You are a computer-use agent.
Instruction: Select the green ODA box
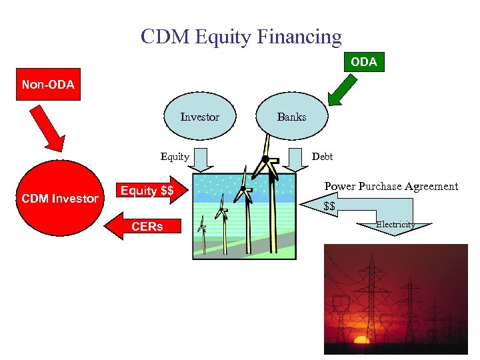click(363, 62)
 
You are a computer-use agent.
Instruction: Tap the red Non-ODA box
click(48, 85)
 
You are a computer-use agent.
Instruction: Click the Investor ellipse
click(199, 117)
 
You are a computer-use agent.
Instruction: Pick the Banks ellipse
click(291, 117)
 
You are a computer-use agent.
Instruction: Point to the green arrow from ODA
click(344, 90)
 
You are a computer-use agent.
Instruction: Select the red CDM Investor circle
click(60, 198)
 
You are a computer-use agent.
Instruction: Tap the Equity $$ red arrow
click(149, 191)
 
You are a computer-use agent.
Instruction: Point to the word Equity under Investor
click(175, 157)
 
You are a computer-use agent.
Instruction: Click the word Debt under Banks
click(322, 157)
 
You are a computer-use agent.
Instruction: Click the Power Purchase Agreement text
click(391, 187)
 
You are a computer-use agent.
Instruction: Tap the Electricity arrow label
click(395, 225)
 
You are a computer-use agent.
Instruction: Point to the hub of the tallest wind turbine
click(265, 159)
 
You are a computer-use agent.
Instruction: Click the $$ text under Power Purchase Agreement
click(329, 207)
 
